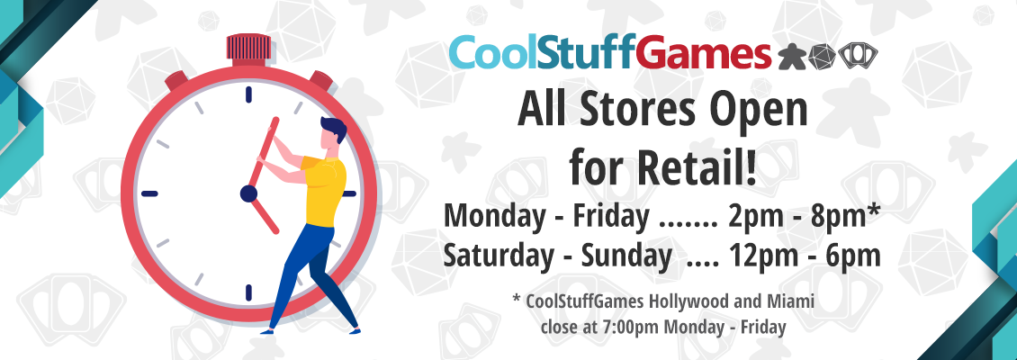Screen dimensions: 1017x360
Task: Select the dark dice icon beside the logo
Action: (x=822, y=57)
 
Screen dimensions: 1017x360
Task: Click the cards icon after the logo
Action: (x=858, y=57)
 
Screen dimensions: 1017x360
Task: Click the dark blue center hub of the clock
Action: (x=248, y=193)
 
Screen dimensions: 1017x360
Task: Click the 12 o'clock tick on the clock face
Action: (x=248, y=94)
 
